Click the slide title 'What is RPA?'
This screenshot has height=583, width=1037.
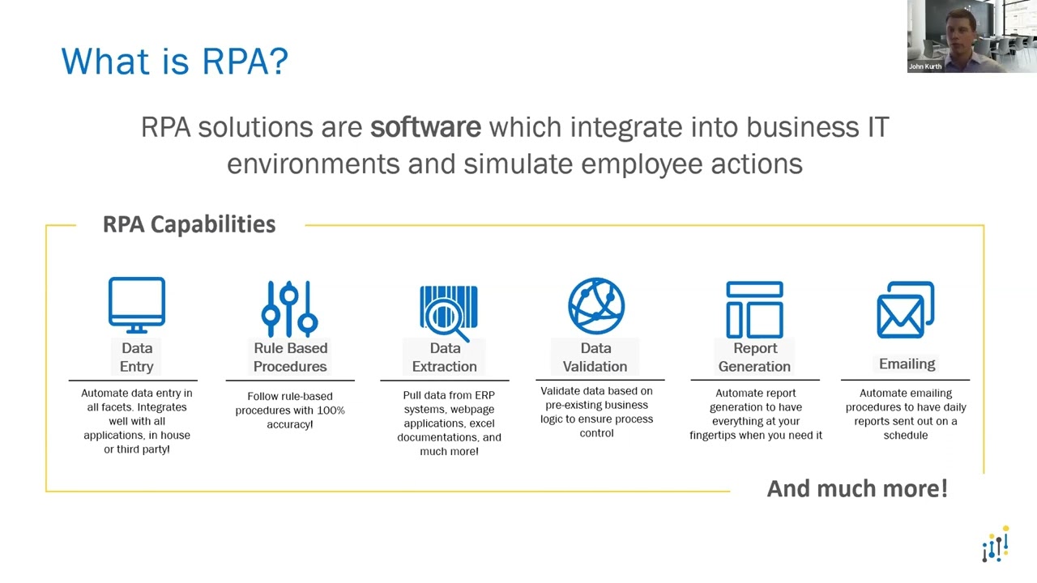[174, 62]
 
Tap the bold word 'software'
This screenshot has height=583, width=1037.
[425, 127]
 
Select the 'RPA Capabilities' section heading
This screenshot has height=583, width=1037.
[189, 224]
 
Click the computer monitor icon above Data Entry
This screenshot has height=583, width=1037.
[137, 305]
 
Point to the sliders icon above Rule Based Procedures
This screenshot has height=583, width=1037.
[289, 308]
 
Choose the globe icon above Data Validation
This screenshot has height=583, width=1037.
[596, 306]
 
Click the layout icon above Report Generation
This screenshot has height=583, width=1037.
[754, 309]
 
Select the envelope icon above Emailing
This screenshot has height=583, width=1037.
[905, 309]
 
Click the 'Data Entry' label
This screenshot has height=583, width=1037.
[137, 357]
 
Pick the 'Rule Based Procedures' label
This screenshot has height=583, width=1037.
[290, 357]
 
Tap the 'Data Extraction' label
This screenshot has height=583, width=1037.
[445, 357]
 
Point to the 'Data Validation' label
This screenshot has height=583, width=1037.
[595, 357]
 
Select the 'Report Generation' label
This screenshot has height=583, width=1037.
[754, 357]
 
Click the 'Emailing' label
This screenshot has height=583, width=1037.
[907, 364]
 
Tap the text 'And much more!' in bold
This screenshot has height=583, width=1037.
[857, 488]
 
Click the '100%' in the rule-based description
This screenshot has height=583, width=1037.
[330, 411]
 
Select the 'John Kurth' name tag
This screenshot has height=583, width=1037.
[925, 66]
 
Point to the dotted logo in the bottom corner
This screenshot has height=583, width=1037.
[995, 544]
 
